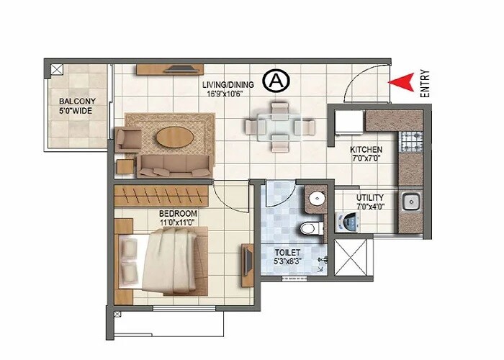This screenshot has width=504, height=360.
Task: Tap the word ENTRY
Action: point(426,82)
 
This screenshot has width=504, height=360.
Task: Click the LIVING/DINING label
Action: point(228,84)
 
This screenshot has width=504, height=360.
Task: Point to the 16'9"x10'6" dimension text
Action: point(228,94)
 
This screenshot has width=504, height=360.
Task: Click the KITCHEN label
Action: point(366,150)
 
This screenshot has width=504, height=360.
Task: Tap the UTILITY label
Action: point(369,197)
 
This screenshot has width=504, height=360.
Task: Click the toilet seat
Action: point(308,230)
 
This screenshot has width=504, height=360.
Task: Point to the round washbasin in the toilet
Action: point(315,199)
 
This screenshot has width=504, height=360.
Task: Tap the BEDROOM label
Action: point(178,214)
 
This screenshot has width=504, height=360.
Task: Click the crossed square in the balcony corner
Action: point(55,70)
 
